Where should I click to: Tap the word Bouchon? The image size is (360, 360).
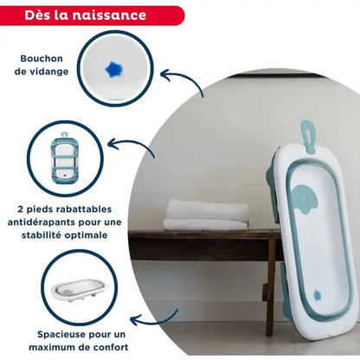coord(42,59)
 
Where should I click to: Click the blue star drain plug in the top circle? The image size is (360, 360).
coord(114,69)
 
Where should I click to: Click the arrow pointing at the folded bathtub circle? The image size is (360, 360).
coord(132,145)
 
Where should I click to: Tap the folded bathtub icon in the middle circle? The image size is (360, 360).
coord(65,157)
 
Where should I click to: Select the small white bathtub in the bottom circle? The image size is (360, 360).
coord(80,292)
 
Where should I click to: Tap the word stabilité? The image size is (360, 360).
coord(42,235)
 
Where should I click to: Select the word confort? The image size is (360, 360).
coord(112,347)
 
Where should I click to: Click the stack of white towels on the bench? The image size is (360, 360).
coord(207,215)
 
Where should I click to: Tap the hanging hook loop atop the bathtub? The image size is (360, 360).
coord(307,136)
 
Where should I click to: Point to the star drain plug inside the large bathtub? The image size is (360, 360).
coord(317,294)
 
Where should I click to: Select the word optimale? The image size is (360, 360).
coord(86,235)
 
